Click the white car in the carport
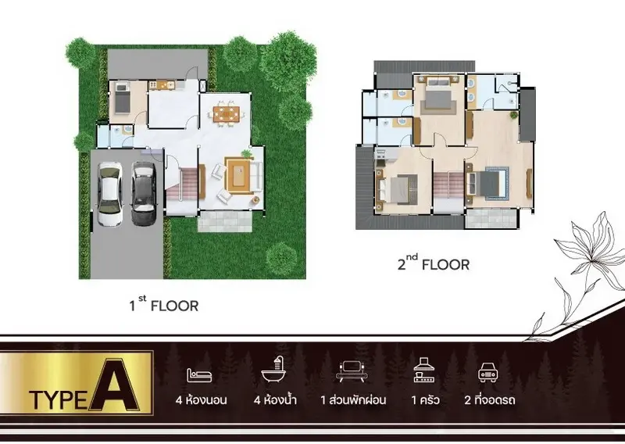tap(109, 195)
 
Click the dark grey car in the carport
tap(144, 194)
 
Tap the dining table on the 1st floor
tap(227, 113)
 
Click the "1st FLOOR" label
tap(164, 304)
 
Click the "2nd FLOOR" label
tap(434, 263)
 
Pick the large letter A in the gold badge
tap(114, 385)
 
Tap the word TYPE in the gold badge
tap(58, 400)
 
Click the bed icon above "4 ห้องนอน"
tap(199, 375)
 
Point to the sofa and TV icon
tap(352, 371)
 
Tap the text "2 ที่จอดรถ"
tap(490, 399)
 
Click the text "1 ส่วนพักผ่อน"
tap(353, 399)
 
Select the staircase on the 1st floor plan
tap(182, 184)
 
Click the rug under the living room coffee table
tap(239, 175)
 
